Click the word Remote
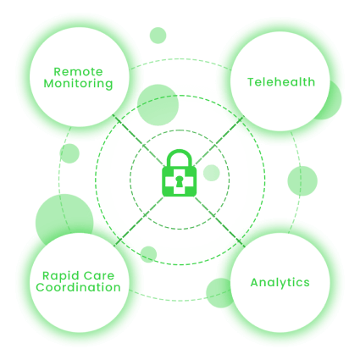click(78, 72)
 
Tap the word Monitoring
click(78, 84)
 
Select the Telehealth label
click(281, 82)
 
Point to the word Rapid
click(58, 276)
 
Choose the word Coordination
click(78, 287)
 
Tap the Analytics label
click(280, 283)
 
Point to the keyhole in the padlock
click(180, 181)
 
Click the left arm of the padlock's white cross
click(169, 182)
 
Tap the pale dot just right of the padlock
click(212, 173)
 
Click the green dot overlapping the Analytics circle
click(219, 293)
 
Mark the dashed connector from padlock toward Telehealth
click(219, 141)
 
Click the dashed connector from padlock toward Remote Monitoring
click(138, 140)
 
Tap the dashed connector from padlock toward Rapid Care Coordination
click(140, 221)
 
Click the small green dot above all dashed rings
click(158, 36)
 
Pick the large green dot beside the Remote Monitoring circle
click(158, 105)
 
